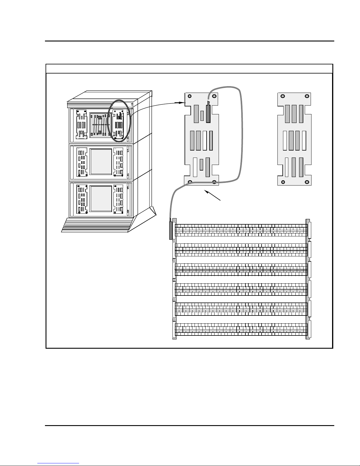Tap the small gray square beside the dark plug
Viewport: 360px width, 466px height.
202,116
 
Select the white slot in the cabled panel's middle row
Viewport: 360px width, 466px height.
205,140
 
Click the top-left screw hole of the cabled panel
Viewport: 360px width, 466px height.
190,96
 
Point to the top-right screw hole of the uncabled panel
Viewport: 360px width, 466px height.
307,96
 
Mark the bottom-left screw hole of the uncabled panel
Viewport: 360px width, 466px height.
282,182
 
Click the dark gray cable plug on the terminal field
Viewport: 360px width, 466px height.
171,231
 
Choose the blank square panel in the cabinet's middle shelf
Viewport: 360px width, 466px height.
101,162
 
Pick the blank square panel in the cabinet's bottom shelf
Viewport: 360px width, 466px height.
101,199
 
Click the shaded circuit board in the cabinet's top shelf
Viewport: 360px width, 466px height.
101,125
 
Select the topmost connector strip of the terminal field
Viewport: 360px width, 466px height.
241,230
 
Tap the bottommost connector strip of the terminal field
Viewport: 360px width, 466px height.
241,329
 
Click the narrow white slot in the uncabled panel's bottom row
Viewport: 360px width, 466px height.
287,167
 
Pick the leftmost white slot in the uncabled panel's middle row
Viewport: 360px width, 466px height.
284,140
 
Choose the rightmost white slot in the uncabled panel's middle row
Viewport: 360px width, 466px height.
304,140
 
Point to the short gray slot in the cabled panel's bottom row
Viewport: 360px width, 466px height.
201,165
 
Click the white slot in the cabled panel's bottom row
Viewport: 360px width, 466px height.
195,167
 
